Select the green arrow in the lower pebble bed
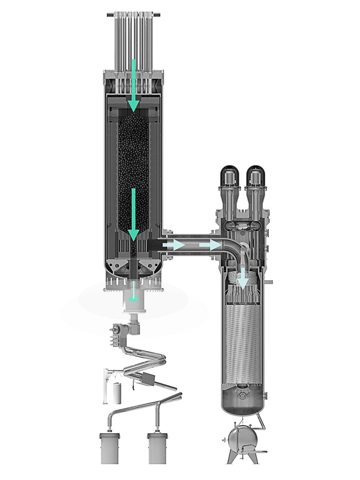point(134,213)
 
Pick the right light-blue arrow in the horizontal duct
point(210,245)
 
